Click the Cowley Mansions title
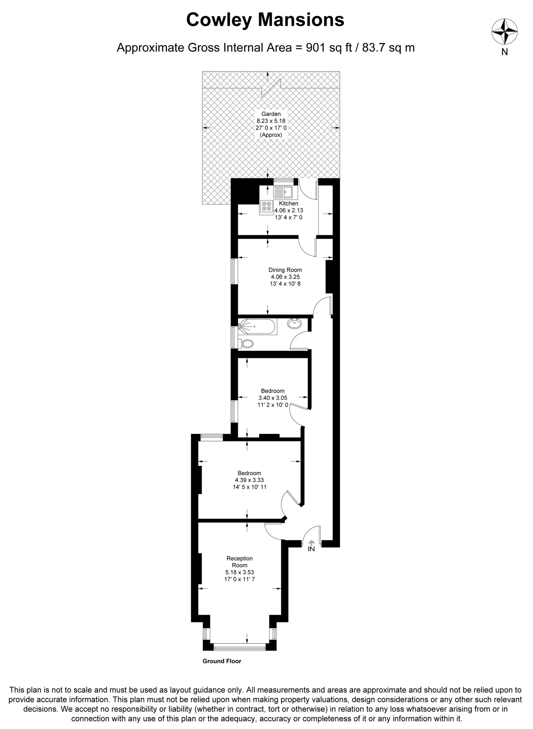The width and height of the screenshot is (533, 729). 265,20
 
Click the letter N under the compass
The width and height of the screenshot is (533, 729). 505,52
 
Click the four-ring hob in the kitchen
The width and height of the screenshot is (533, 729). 266,206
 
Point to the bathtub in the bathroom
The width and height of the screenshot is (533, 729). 257,326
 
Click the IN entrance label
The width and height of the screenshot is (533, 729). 311,549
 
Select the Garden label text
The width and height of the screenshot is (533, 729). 271,114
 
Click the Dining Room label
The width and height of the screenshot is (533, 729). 285,270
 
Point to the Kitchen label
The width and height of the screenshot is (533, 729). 288,203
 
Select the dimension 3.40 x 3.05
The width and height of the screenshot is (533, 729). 273,398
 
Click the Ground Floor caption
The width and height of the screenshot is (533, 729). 222,661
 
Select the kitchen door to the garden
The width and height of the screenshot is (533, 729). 306,190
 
